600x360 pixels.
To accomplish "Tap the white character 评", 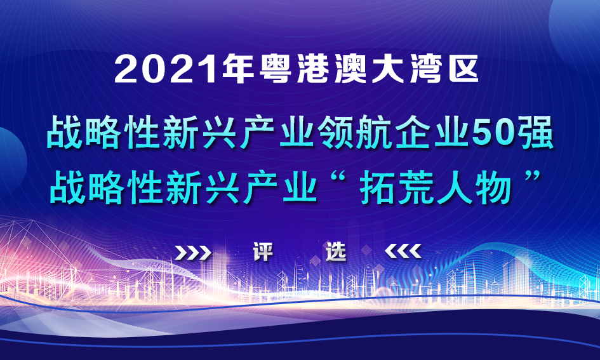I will [x=262, y=253].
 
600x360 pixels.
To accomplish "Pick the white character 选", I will [x=336, y=253].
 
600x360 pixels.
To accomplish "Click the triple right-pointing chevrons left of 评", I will [x=194, y=253].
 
